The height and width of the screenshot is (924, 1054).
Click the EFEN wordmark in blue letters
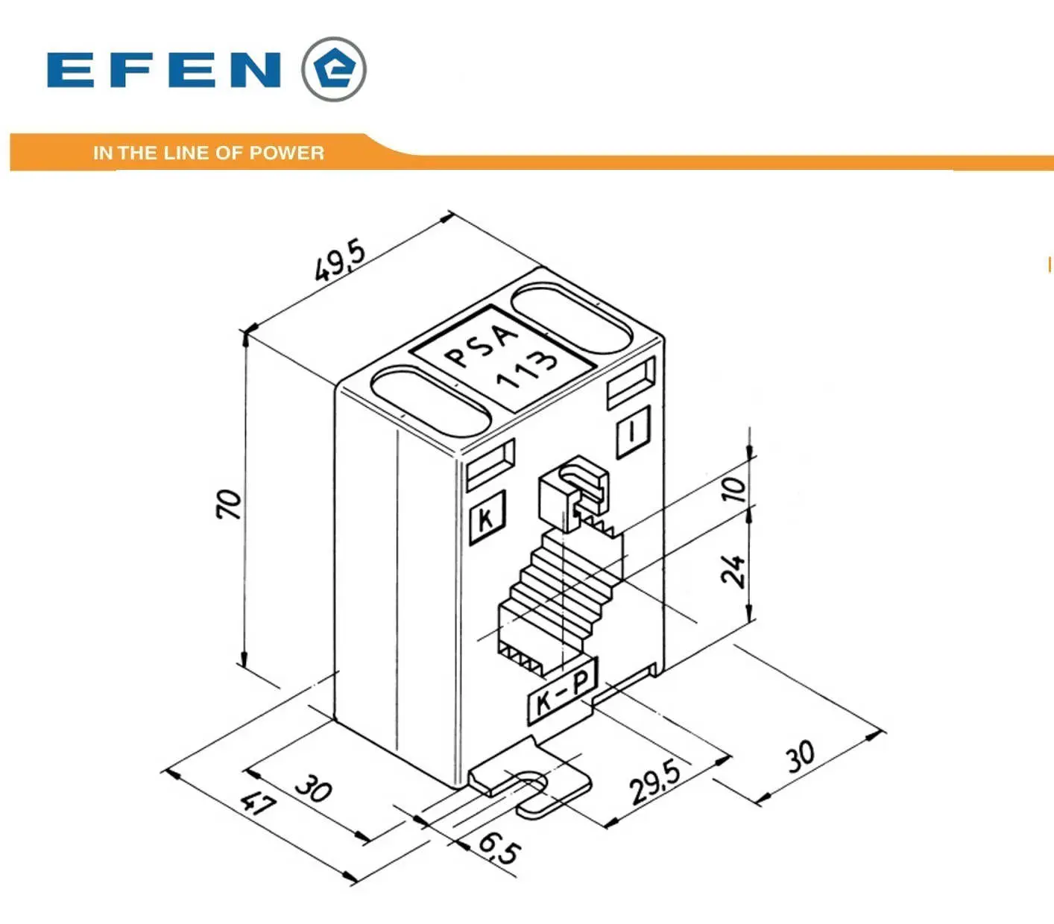(x=165, y=70)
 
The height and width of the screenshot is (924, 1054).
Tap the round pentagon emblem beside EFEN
(x=334, y=69)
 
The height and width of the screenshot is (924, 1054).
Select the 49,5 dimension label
(x=340, y=261)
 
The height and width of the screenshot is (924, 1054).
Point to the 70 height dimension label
(x=228, y=504)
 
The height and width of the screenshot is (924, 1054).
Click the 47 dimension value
(x=259, y=805)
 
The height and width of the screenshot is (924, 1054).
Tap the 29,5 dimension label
(x=655, y=782)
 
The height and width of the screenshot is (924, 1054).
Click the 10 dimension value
(x=733, y=488)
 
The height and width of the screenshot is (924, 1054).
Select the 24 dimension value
(x=733, y=571)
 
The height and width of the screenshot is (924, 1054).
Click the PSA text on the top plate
(x=482, y=344)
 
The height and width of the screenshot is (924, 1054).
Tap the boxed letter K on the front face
(x=487, y=517)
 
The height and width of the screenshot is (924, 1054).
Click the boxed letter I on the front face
(x=633, y=431)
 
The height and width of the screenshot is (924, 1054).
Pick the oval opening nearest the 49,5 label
(x=572, y=317)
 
